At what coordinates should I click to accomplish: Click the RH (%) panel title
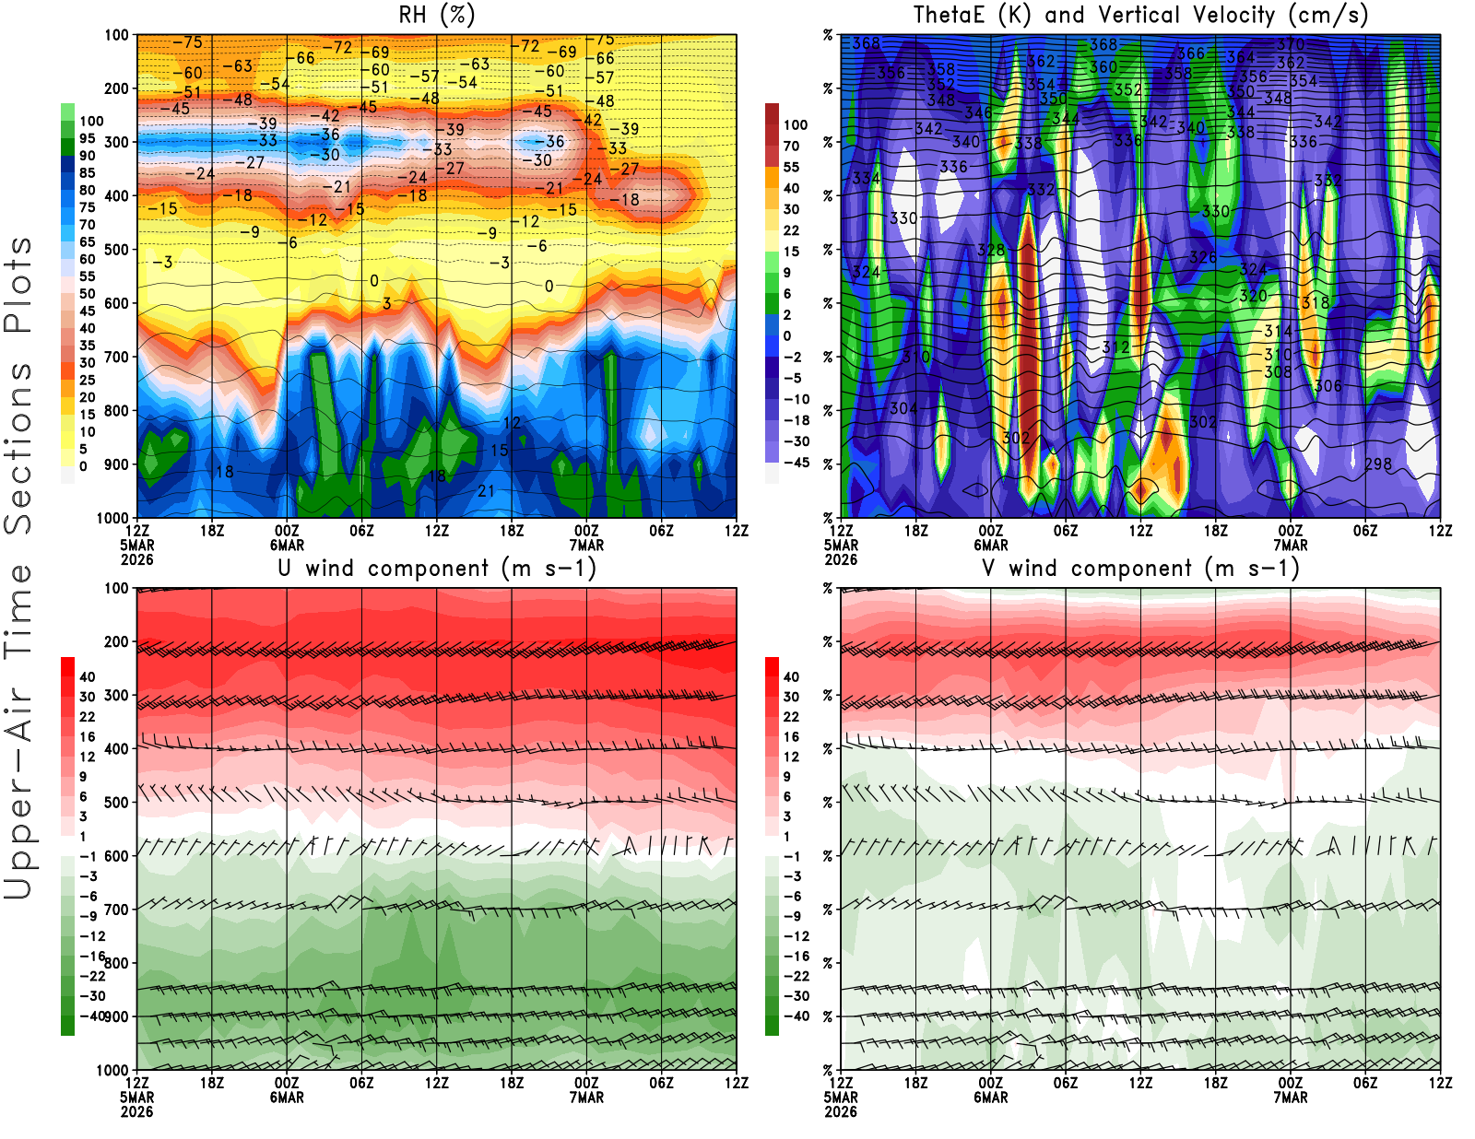point(436,15)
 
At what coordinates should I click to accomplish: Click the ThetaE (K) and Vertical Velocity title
point(1140,15)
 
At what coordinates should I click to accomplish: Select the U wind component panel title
point(437,568)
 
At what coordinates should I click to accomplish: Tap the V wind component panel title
point(1140,568)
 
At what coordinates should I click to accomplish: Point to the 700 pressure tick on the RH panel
point(117,357)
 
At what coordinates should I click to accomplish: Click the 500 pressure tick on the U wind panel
point(117,803)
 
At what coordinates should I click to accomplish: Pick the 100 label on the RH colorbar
point(91,121)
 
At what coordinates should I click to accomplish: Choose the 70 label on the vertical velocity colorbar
point(791,146)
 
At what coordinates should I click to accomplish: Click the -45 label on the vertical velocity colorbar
point(796,463)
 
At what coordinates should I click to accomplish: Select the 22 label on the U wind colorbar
point(88,717)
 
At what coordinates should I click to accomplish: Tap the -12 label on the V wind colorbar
point(796,936)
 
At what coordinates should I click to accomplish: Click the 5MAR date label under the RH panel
point(136,545)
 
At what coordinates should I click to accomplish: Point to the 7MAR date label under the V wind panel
point(1291,1098)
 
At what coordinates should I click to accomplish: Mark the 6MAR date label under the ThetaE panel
point(991,545)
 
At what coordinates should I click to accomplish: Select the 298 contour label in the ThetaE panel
point(1378,464)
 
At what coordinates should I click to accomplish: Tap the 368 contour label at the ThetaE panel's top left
point(866,43)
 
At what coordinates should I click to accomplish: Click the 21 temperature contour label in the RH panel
point(486,491)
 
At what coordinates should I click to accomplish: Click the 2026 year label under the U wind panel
point(136,1111)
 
